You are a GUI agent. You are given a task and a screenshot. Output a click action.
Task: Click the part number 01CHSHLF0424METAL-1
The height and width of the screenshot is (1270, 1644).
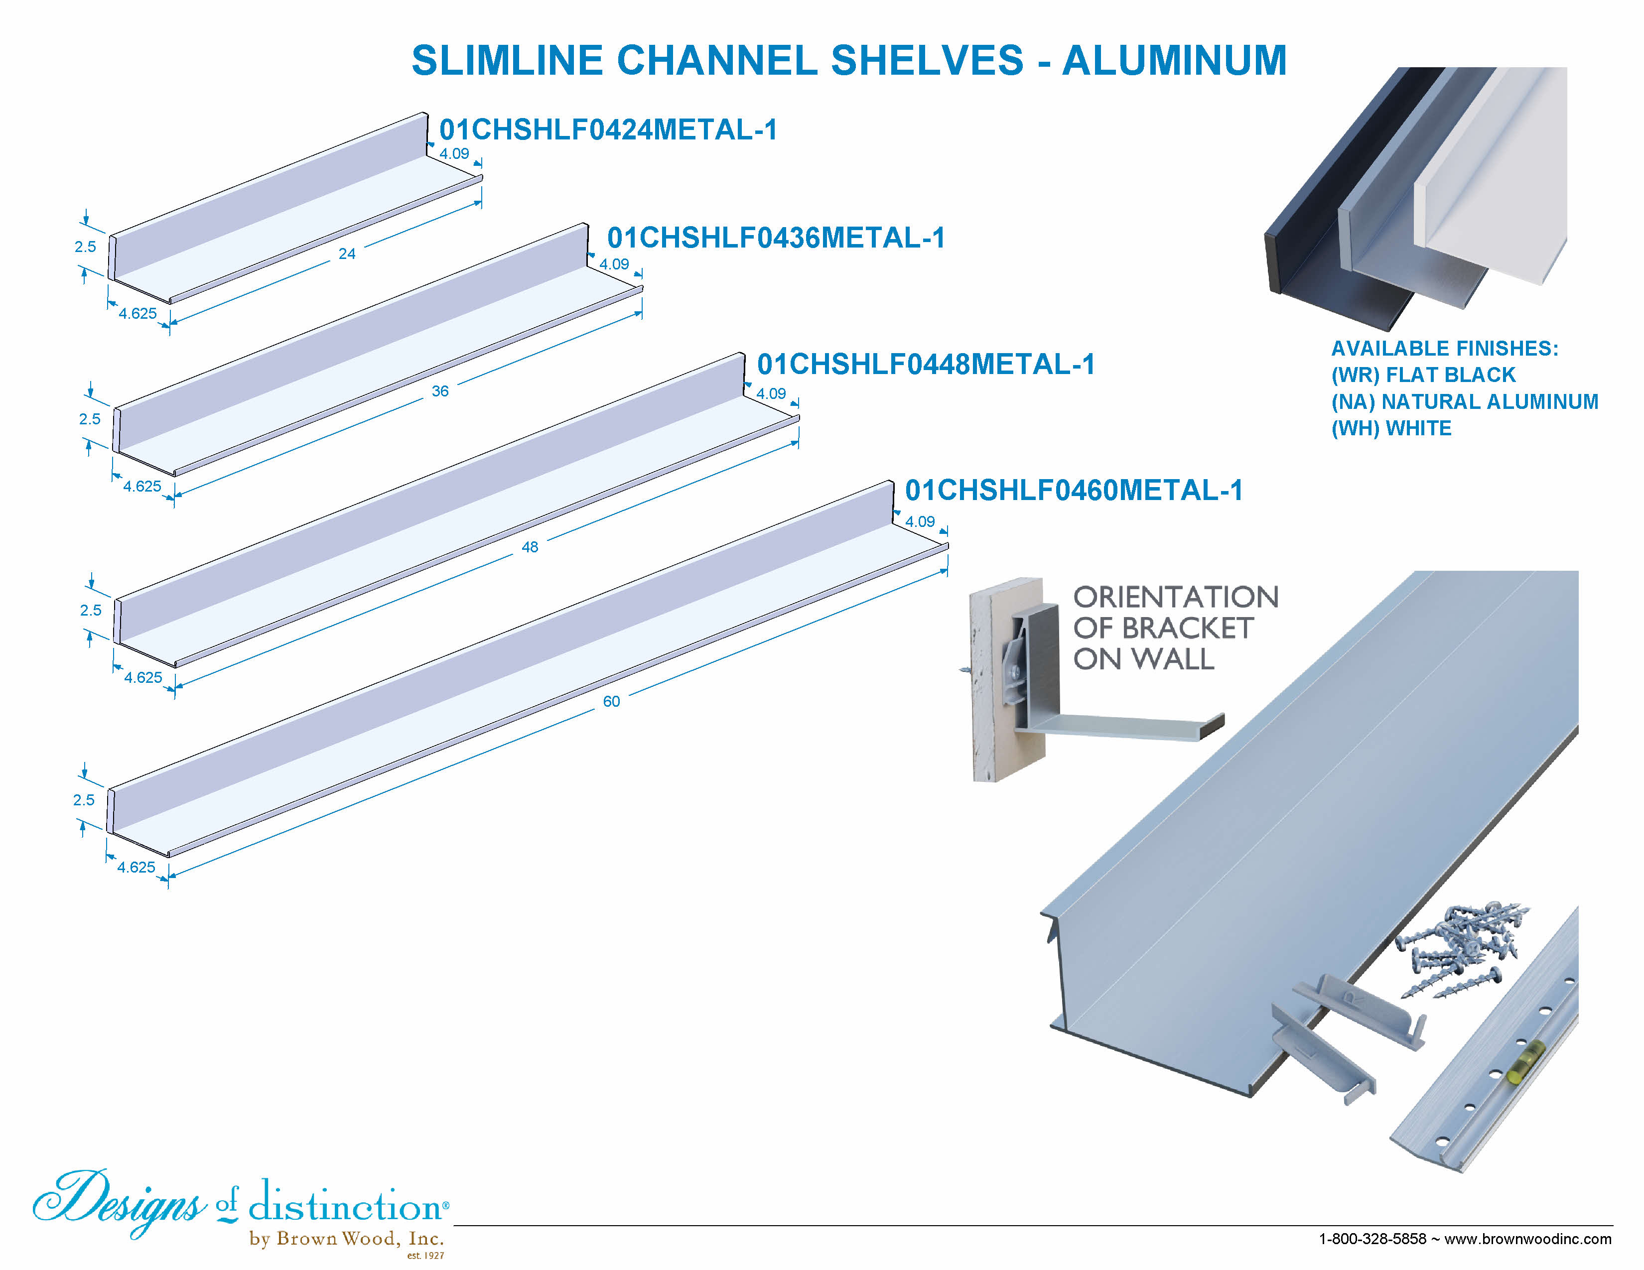[x=607, y=129]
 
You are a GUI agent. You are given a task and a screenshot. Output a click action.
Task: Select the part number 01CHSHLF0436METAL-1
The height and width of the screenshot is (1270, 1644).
[x=775, y=238]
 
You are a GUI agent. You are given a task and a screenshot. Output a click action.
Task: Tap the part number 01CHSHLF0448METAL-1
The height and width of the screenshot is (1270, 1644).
[x=925, y=364]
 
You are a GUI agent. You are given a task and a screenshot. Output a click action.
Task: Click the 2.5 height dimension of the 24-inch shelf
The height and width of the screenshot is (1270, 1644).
[x=85, y=247]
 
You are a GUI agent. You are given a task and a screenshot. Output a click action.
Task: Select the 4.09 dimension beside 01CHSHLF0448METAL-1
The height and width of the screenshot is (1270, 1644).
[x=770, y=393]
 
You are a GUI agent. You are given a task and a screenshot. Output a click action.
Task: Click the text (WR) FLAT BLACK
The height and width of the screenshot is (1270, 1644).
[x=1423, y=375]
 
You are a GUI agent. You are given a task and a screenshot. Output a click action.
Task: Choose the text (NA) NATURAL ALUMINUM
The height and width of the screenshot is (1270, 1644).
[x=1464, y=402]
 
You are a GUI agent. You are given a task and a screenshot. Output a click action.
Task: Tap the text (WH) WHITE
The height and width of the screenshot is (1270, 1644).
[x=1390, y=428]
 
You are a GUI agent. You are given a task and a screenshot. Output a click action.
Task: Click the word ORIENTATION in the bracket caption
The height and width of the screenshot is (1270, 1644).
[x=1175, y=597]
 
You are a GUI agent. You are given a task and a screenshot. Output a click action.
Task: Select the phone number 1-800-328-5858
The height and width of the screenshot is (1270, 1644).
[x=1371, y=1239]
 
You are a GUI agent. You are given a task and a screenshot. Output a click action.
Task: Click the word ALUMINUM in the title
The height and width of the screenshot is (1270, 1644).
[x=1174, y=60]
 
